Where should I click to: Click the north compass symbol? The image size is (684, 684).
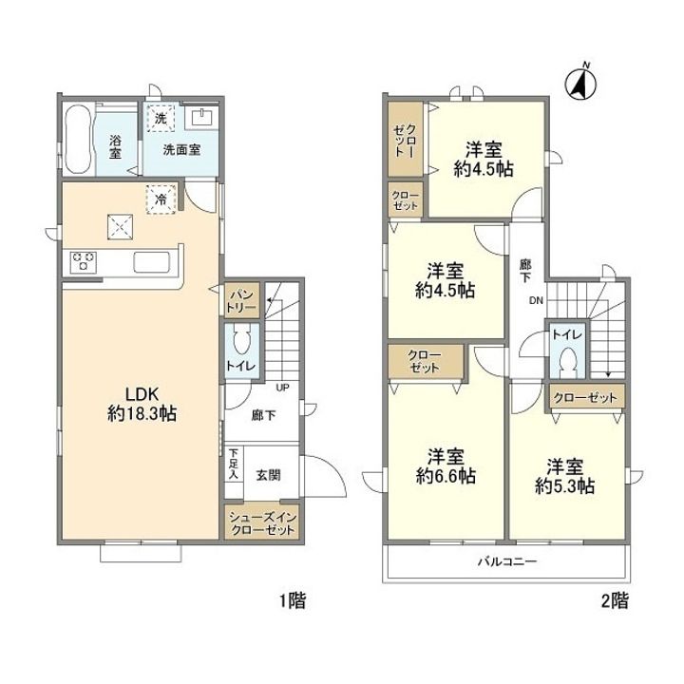[x=581, y=83]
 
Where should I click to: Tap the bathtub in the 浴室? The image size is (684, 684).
[x=78, y=140]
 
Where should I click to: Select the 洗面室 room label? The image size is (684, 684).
[x=181, y=150]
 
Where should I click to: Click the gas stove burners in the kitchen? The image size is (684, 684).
[x=83, y=262]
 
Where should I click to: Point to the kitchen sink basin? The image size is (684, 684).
[x=151, y=262]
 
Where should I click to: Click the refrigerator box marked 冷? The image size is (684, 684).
[x=161, y=199]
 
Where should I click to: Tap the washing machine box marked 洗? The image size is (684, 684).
[x=161, y=118]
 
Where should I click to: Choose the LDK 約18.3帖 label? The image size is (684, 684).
[x=142, y=404]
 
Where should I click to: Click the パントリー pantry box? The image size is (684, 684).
[x=242, y=300]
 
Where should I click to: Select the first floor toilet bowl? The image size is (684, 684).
[x=241, y=339]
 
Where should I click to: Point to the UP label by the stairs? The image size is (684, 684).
[x=283, y=388]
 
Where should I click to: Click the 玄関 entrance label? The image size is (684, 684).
[x=268, y=475]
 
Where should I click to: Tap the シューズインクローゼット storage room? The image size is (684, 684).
[x=262, y=523]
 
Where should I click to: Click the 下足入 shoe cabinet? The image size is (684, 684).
[x=234, y=464]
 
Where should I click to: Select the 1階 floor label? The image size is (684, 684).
[x=293, y=600]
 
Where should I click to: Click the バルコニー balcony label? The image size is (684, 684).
[x=507, y=561]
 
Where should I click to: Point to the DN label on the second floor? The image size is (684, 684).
[x=536, y=300]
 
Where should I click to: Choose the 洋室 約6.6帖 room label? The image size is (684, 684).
[x=446, y=466]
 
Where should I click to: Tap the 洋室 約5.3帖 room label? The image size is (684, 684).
[x=565, y=476]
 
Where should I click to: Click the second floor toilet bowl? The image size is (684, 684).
[x=567, y=359]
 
